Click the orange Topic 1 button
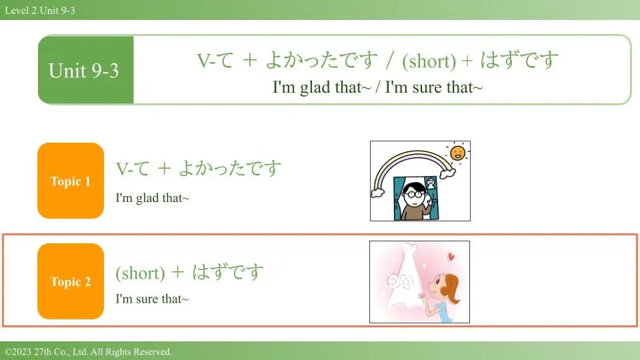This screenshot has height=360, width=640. coord(71,181)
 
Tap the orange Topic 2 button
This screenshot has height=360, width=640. coord(71,281)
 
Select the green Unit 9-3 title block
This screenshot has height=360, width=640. coord(86,70)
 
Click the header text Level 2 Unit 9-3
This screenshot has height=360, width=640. coord(40,10)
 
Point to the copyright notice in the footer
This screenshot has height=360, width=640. coord(88,351)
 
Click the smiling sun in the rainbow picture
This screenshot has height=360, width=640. coord(457,153)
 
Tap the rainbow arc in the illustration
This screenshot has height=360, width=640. coord(412,153)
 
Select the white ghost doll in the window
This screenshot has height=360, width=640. coord(431,184)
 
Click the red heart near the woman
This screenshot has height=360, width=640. coord(451,256)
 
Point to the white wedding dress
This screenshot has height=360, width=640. coord(404,281)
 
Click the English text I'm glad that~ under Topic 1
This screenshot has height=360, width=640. coord(152,198)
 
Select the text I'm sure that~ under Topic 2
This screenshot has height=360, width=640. coord(152,299)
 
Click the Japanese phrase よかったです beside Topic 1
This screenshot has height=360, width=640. coord(230,168)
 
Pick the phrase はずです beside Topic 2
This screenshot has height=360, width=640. coord(228,271)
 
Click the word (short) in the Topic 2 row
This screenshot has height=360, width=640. coord(140,273)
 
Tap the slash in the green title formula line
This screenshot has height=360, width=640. coord(390,60)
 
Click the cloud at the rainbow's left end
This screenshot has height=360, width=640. coord(377,193)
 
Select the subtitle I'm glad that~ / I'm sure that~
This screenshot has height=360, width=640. coord(377,87)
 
